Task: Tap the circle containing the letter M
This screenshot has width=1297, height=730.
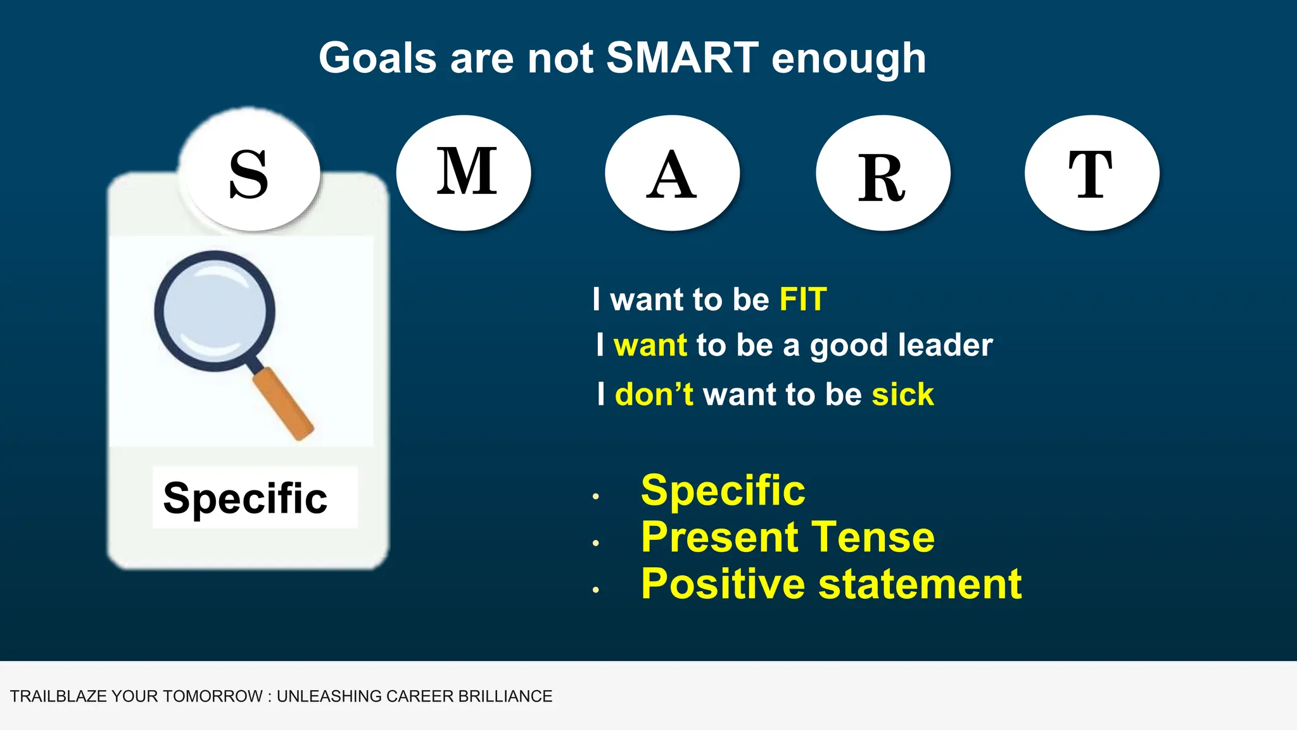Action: pyautogui.click(x=464, y=172)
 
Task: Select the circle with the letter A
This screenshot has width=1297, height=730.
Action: pyautogui.click(x=672, y=172)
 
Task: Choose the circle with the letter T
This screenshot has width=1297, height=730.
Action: pyautogui.click(x=1092, y=172)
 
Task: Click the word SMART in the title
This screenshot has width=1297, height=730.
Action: pyautogui.click(x=682, y=58)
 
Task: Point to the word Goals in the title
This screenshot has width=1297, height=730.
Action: pyautogui.click(x=377, y=58)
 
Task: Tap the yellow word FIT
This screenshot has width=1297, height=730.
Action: pyautogui.click(x=803, y=299)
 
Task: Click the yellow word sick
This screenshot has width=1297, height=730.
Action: pyautogui.click(x=902, y=395)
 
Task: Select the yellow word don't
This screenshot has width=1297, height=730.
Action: pyautogui.click(x=654, y=395)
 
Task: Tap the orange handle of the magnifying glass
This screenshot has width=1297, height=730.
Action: pyautogui.click(x=283, y=403)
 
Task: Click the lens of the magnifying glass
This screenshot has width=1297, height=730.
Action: pyautogui.click(x=215, y=311)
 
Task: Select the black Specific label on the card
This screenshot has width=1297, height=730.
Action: pyautogui.click(x=246, y=498)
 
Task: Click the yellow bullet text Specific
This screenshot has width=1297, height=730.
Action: pyautogui.click(x=723, y=490)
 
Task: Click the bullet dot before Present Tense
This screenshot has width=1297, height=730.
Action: pyautogui.click(x=595, y=543)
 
